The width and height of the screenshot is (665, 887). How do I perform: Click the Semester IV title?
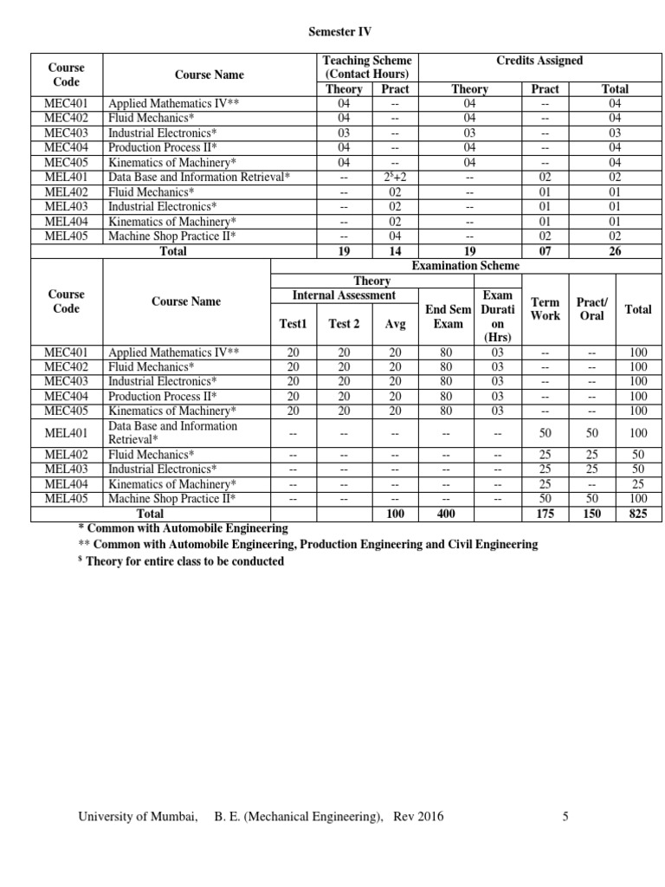pos(340,31)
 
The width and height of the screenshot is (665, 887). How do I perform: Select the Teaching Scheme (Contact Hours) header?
pos(367,68)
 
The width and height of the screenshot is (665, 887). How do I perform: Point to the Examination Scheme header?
pos(466,266)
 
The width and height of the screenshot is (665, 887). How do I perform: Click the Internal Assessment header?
pos(344,295)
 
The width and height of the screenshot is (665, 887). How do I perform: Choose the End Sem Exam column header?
pos(449,316)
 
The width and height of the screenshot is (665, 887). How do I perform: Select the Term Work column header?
pos(545,309)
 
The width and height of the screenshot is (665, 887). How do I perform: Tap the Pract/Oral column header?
pos(591,309)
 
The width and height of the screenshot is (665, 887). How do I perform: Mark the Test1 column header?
pos(293,324)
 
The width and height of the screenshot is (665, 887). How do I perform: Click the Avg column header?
pos(394,324)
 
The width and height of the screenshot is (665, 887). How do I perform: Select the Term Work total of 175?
pos(545,514)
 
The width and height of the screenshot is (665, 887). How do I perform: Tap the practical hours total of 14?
pos(395,251)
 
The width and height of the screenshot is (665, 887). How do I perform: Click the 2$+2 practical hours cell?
pos(395,177)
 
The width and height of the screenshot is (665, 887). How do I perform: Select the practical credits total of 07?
pos(545,251)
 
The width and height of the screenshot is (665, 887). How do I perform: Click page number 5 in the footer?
pos(565,816)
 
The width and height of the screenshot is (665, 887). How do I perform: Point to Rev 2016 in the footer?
pos(418,816)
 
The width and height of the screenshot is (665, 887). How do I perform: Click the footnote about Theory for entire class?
pos(181,561)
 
